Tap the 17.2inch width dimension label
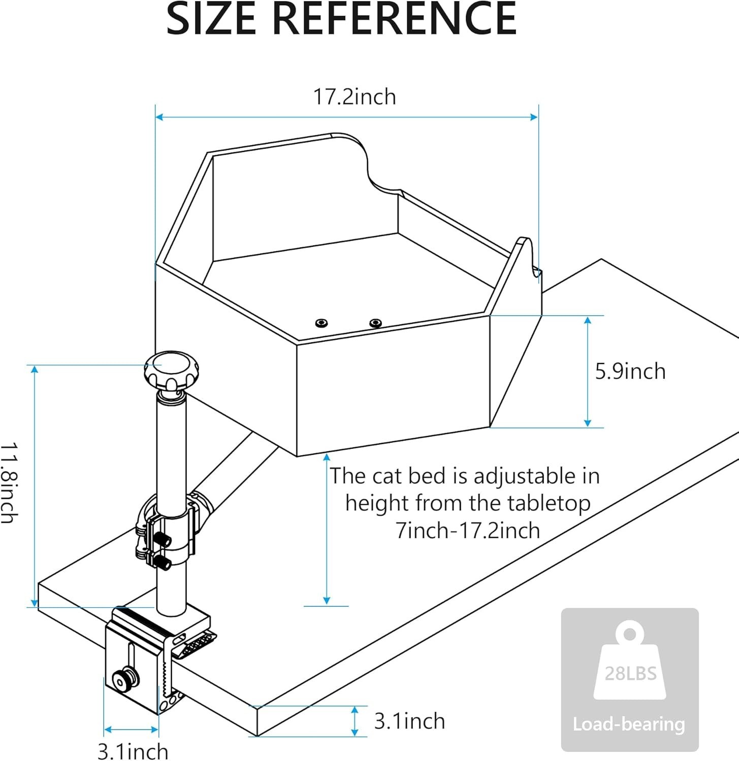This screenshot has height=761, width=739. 354,96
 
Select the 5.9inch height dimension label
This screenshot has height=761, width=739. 630,371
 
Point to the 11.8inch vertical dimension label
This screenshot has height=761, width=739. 9,482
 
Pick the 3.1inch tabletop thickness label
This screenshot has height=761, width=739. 409,721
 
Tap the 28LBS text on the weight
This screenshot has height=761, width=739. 630,673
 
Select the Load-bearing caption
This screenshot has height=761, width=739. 629,724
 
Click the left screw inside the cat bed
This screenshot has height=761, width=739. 322,323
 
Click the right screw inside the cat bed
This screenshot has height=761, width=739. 375,322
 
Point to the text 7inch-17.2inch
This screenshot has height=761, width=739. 467,531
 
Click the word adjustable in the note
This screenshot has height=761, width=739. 524,476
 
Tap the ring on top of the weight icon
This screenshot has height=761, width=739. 630,634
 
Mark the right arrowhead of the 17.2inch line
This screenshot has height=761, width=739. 534,117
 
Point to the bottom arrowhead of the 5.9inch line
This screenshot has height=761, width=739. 588,423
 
